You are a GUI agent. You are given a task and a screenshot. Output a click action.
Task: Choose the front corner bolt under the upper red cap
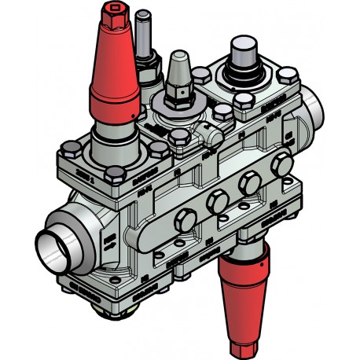pyautogui.click(x=115, y=172)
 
